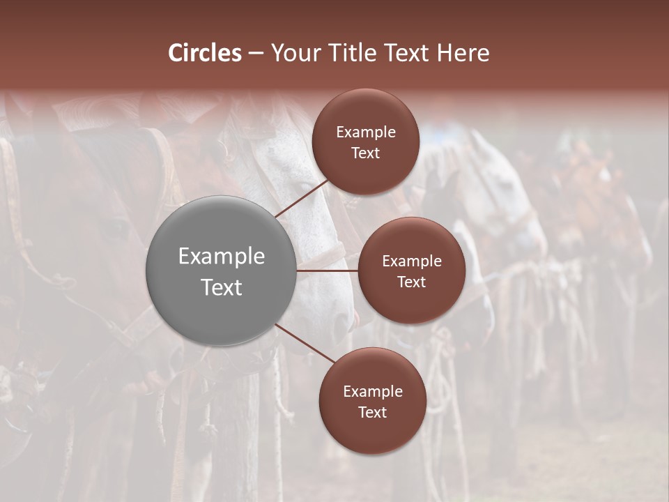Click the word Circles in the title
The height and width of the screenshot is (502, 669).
[205, 53]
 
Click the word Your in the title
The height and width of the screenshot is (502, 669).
[293, 53]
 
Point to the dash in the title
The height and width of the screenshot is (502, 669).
[256, 54]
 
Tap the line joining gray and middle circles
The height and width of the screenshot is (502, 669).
[328, 271]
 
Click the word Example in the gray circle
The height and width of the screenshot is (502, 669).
[222, 257]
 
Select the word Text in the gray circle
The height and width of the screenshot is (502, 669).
[222, 287]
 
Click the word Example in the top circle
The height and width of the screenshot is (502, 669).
[366, 132]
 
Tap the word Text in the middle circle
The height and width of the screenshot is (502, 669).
[412, 282]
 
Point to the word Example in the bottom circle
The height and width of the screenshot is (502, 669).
[373, 392]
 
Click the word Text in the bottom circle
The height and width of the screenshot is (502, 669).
[373, 413]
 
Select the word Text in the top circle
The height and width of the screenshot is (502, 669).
[366, 153]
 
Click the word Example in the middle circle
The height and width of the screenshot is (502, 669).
[412, 261]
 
